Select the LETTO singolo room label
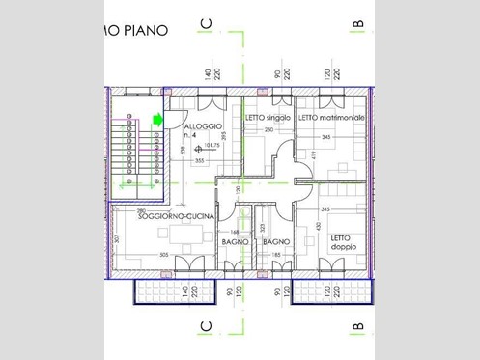point(267,117)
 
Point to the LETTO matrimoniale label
point(331,117)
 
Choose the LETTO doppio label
point(343,242)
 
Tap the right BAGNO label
point(276,241)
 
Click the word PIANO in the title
point(147,30)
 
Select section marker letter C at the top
point(205,22)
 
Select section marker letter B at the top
point(356,22)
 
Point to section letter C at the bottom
point(205,327)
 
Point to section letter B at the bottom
point(356,327)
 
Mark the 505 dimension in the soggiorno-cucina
point(164,255)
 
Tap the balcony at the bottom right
point(332,290)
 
